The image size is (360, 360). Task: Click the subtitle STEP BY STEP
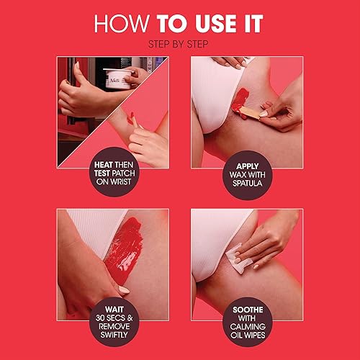click(x=179, y=43)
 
